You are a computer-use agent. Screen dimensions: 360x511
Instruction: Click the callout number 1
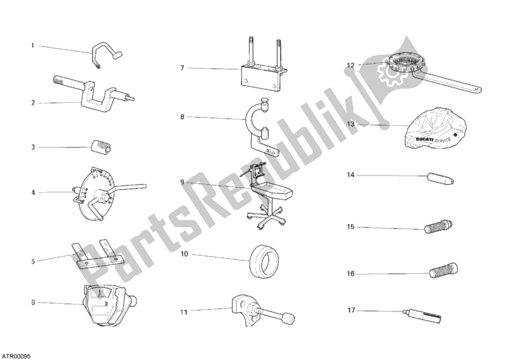coord(32,46)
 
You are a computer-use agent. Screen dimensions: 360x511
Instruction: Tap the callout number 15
coord(350,227)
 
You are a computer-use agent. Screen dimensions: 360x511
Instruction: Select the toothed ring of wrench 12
coord(404,65)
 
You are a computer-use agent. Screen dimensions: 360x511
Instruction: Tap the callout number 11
coord(184,312)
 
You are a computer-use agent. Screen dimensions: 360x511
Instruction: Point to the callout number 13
coord(350,124)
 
